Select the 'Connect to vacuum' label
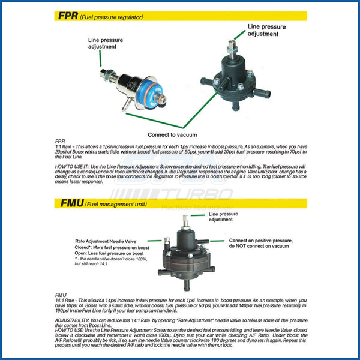point(172,134)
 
